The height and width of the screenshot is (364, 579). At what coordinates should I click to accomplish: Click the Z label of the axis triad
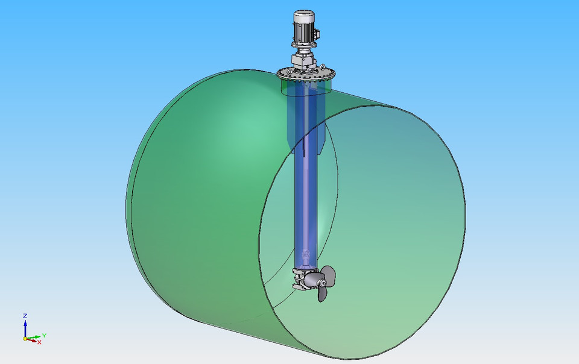pyautogui.click(x=25, y=315)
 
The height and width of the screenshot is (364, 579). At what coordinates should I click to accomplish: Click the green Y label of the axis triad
pyautogui.click(x=44, y=335)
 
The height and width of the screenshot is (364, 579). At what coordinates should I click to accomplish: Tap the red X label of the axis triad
pyautogui.click(x=39, y=342)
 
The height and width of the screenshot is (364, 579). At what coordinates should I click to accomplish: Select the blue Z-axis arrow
pyautogui.click(x=25, y=327)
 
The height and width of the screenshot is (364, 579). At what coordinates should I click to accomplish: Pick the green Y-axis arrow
pyautogui.click(x=34, y=337)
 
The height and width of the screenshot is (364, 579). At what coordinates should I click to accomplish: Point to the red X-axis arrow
pyautogui.click(x=31, y=340)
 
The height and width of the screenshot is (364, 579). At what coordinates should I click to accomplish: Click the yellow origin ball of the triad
pyautogui.click(x=25, y=339)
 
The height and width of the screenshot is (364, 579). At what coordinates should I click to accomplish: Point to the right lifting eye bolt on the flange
pyautogui.click(x=325, y=68)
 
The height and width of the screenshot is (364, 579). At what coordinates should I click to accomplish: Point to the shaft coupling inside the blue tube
pyautogui.click(x=306, y=258)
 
